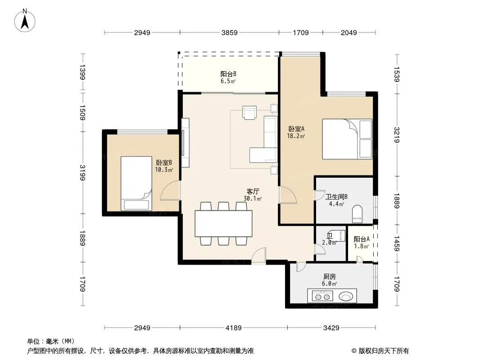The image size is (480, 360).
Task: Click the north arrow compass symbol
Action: point(25,21)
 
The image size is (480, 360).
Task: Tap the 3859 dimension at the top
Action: point(229,32)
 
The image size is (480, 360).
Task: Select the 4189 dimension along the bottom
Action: point(234,328)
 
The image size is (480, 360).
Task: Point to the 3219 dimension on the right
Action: point(397,135)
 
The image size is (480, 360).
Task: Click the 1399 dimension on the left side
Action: point(82,72)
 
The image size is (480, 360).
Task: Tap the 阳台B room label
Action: point(228,74)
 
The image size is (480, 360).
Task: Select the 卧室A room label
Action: point(296,129)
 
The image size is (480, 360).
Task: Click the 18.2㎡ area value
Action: point(296,136)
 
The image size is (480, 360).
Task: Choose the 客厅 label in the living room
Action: point(253,191)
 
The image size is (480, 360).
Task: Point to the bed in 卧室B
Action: point(136,184)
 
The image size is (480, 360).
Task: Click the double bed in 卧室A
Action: point(347,139)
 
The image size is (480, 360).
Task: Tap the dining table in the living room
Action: point(223,224)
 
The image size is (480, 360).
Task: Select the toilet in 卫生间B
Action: point(357,214)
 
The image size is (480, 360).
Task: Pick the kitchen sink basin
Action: point(346,296)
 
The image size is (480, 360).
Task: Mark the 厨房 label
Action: point(330,276)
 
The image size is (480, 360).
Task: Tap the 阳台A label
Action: point(362,239)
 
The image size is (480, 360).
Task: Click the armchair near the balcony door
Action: point(249,112)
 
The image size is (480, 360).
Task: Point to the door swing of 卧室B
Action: point(171,191)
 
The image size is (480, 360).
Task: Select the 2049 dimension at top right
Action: point(349,32)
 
